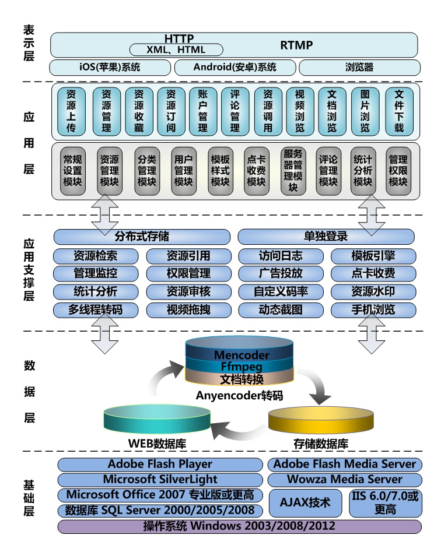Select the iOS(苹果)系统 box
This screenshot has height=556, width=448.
pyautogui.click(x=110, y=67)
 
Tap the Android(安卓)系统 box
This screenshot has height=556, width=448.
pyautogui.click(x=235, y=67)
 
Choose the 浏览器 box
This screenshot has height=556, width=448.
pyautogui.click(x=360, y=67)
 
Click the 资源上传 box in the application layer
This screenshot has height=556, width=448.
pyautogui.click(x=71, y=111)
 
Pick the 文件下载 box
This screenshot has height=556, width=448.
pyautogui.click(x=399, y=111)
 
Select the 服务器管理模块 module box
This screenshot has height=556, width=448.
pyautogui.click(x=293, y=170)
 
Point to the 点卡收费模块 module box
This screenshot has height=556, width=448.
pyautogui.click(x=256, y=170)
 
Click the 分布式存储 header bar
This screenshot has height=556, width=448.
pyautogui.click(x=142, y=237)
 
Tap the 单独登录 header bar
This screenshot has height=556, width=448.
pyautogui.click(x=326, y=237)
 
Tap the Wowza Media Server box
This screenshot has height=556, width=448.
pyautogui.click(x=344, y=480)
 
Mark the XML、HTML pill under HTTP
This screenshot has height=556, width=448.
pyautogui.click(x=176, y=50)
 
